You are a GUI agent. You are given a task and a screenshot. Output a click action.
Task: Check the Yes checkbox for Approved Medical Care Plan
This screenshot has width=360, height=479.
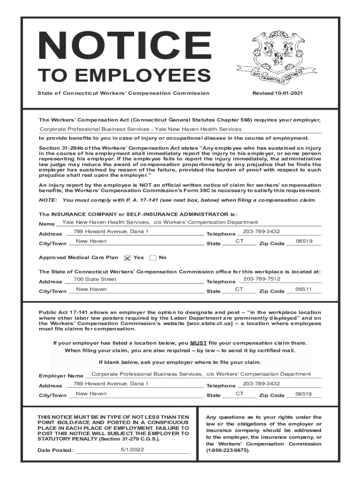click(x=127, y=258)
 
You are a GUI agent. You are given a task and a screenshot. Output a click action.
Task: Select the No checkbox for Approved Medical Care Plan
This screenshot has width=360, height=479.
click(x=153, y=258)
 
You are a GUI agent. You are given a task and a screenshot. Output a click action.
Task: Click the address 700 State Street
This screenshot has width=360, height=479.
click(x=95, y=279)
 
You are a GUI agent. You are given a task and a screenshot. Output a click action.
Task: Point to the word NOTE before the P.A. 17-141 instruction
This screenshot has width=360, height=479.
click(x=47, y=200)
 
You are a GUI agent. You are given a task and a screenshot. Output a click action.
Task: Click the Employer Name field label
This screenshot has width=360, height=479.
click(x=61, y=376)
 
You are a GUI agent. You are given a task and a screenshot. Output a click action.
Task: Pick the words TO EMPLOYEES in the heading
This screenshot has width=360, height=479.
click(x=124, y=75)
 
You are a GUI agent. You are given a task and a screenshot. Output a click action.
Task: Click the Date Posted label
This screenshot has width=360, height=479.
click(x=56, y=450)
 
